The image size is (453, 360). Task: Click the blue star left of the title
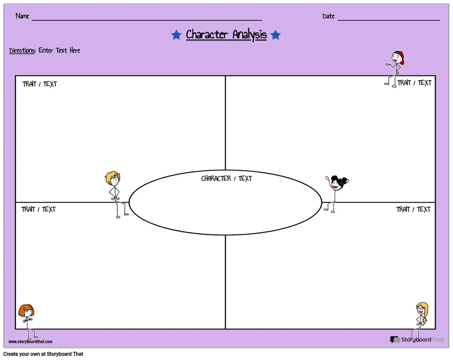pos(176,35)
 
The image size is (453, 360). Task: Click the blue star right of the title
pos(275,35)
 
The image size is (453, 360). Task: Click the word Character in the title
pos(207,34)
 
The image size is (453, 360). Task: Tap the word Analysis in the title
pos(250,35)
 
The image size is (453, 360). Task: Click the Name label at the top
pos(22,16)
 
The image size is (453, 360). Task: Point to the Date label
pos(328,16)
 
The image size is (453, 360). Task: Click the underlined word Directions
pos(22,50)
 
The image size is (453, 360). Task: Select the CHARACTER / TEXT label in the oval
pos(226,178)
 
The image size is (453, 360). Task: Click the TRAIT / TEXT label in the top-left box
pos(39,84)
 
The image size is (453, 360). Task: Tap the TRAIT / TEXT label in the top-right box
pos(414,83)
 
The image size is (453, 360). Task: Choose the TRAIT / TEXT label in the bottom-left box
pos(39,209)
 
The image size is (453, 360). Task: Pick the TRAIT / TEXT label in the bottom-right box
pos(414,209)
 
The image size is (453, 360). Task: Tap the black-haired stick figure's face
pos(336,185)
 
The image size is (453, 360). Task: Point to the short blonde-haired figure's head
pos(113,178)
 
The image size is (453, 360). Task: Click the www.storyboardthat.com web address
pos(30,341)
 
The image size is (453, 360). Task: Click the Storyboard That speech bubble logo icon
pos(395,340)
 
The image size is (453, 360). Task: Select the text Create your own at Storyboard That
pos(43,354)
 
